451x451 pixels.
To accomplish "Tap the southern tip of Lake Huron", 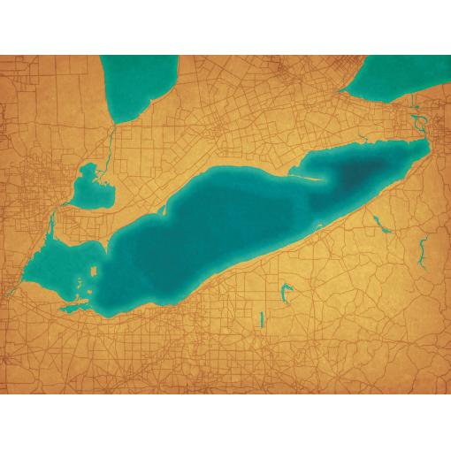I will click(x=115, y=119).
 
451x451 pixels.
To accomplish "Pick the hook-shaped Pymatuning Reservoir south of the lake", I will click(x=285, y=292).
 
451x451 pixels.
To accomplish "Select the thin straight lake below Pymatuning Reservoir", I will click(x=263, y=319).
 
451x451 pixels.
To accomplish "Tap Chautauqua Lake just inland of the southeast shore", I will click(x=381, y=225).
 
